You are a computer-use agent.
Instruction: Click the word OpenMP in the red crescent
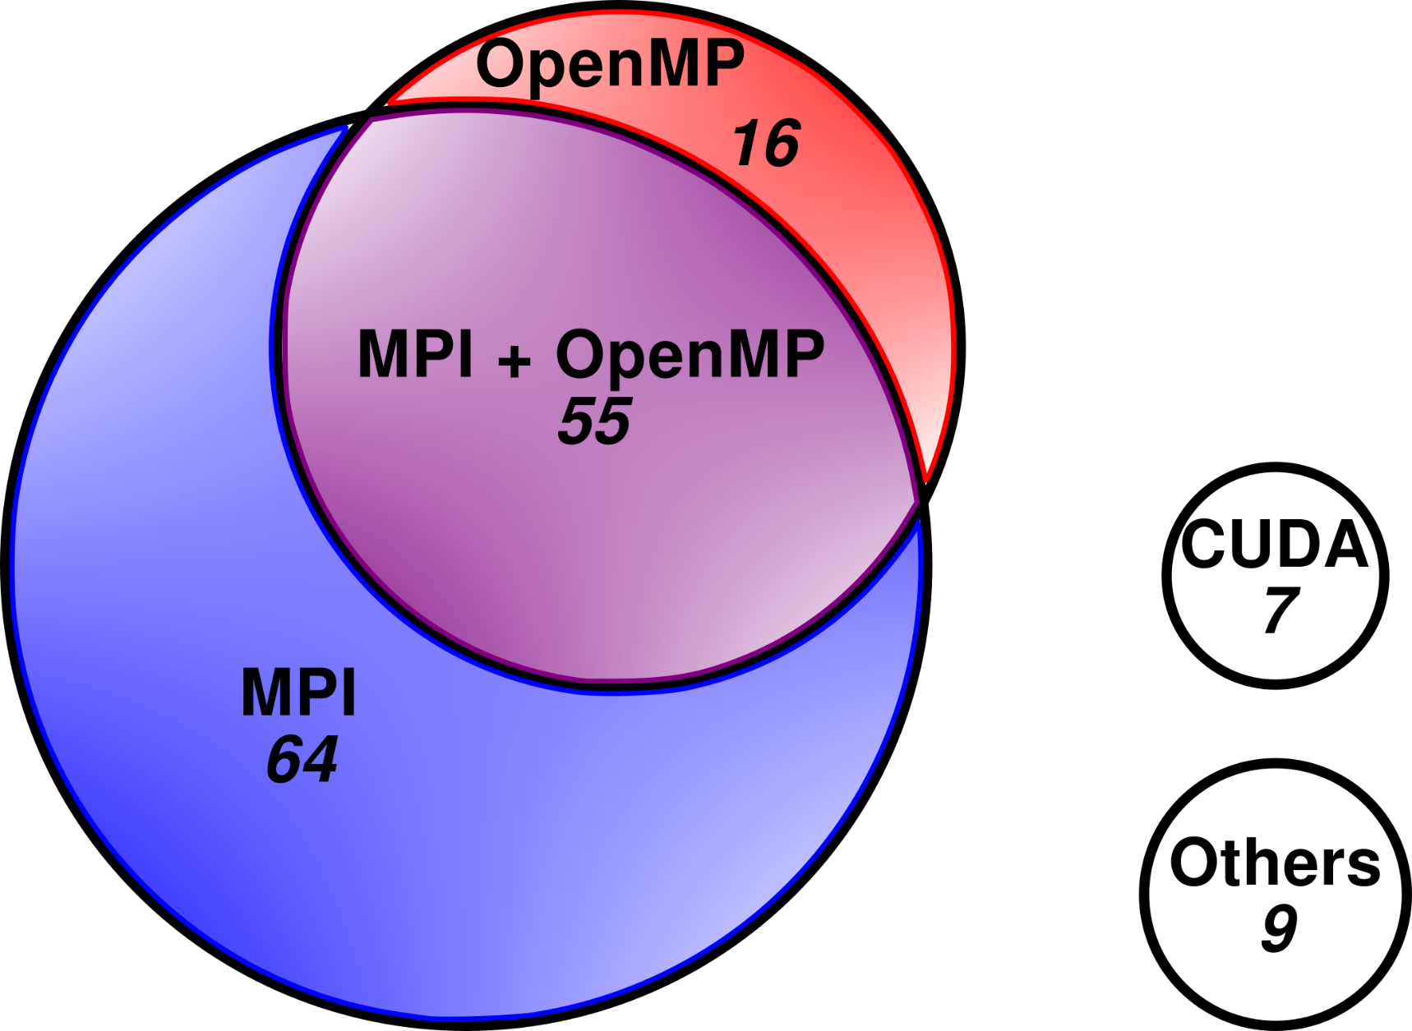click(610, 66)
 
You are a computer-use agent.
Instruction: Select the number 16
click(766, 144)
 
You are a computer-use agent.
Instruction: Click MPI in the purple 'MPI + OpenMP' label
click(416, 354)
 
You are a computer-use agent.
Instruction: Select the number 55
click(595, 421)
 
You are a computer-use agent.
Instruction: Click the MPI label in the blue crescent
click(298, 693)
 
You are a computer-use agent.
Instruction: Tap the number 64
click(302, 759)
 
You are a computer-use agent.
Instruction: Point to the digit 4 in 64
click(320, 759)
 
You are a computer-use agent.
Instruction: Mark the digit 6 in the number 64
click(284, 760)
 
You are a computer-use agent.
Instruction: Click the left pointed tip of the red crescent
click(390, 103)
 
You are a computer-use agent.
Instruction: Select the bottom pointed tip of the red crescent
click(925, 479)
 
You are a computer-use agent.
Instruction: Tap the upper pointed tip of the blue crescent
click(345, 128)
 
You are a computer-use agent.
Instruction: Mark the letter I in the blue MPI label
click(348, 693)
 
